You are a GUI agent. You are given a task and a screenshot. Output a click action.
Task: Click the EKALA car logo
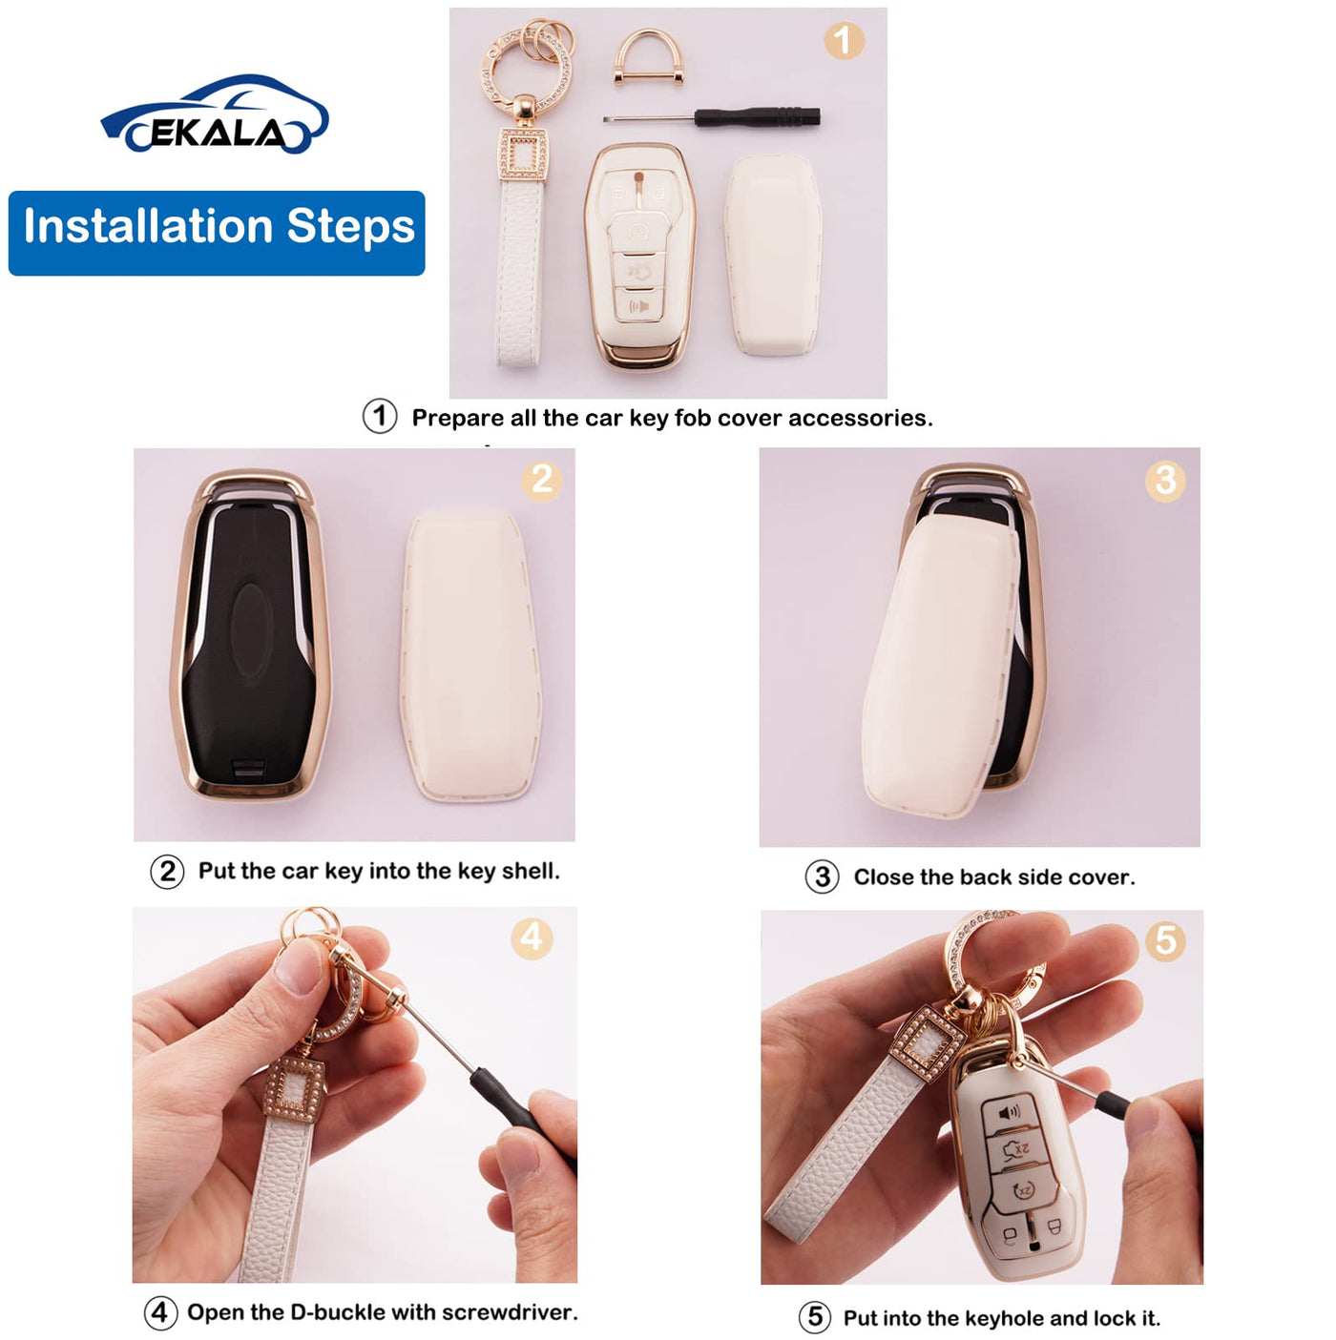coord(215,114)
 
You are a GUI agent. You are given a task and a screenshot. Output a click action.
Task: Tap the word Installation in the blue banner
coord(148,226)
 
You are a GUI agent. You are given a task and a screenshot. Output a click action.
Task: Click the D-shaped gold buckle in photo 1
coord(648,57)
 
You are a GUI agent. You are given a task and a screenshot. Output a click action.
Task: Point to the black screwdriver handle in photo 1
coord(757,116)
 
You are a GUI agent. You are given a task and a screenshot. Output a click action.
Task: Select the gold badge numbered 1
coord(844,40)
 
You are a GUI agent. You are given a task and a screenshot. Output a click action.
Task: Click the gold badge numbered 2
coord(541,480)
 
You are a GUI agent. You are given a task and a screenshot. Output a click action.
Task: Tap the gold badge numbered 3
coord(1165,480)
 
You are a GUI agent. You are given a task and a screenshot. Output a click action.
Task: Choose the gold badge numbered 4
coord(532,938)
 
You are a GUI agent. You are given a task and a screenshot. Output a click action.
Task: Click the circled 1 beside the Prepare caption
coord(380,417)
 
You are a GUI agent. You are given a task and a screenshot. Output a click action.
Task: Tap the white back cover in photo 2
coord(471,655)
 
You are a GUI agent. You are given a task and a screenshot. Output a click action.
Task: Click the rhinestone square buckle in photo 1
coord(522,158)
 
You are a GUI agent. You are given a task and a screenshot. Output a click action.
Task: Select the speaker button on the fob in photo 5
coord(1008,1114)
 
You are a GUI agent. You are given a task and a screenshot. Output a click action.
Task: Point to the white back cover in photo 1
coord(773,256)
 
